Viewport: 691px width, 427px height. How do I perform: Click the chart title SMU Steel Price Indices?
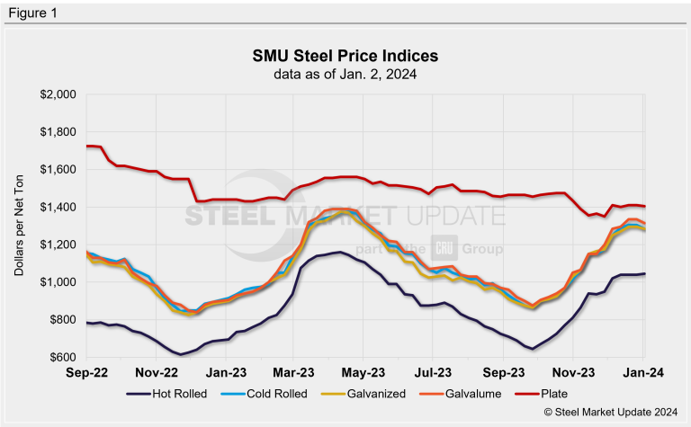[x=345, y=57]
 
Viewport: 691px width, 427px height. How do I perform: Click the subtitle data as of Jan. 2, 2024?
[x=345, y=73]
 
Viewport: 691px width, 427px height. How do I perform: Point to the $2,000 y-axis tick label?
[x=58, y=94]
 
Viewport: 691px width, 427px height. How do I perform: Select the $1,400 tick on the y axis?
[x=58, y=208]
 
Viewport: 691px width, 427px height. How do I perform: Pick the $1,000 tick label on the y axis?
[x=58, y=282]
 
